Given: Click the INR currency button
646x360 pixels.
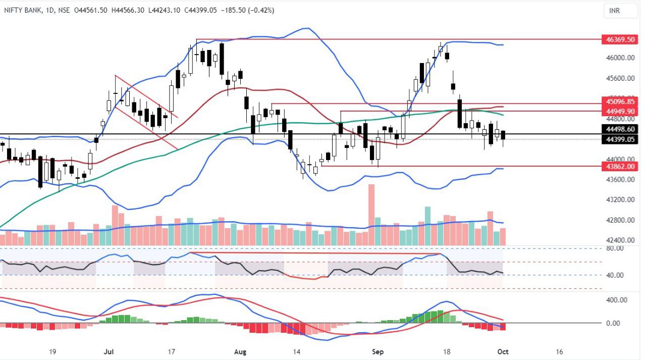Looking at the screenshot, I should [x=614, y=11].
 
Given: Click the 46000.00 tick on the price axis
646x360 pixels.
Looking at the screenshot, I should [x=620, y=58].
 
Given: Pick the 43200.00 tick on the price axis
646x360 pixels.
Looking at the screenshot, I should [x=620, y=200].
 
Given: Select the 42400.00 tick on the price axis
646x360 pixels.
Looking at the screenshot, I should [x=620, y=240].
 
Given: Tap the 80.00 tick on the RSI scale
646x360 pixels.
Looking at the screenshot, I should [x=613, y=248].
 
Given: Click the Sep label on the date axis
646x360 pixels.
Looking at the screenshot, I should [x=378, y=351].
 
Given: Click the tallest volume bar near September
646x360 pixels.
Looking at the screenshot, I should [x=371, y=215].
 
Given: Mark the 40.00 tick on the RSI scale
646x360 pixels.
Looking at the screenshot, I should [x=613, y=275].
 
